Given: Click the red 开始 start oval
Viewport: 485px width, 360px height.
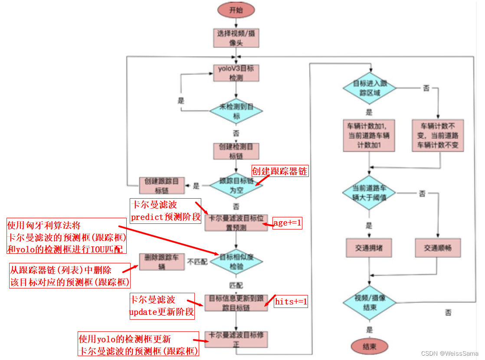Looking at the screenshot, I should (x=236, y=10).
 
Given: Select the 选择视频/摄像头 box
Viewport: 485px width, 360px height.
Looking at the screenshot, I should (x=236, y=38).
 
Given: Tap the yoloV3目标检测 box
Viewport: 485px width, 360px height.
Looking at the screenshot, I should (x=236, y=72).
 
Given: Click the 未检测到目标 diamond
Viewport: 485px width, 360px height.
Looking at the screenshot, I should (x=236, y=111).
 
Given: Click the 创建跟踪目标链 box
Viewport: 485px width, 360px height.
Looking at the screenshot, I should (x=162, y=186).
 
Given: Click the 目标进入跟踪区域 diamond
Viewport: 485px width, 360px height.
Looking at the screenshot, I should (x=369, y=88).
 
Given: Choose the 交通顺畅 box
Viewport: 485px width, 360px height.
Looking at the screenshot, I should (x=438, y=248).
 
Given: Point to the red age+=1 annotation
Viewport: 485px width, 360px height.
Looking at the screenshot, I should (x=287, y=223).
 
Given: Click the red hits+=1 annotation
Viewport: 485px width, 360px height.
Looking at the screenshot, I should (x=291, y=301).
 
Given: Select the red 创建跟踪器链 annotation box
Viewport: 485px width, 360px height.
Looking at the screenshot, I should (x=280, y=171).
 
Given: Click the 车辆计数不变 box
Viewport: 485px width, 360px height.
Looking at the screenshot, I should (x=437, y=136).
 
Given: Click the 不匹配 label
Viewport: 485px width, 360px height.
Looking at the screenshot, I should (x=197, y=262).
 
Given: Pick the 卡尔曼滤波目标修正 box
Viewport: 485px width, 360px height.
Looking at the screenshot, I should (x=236, y=340).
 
